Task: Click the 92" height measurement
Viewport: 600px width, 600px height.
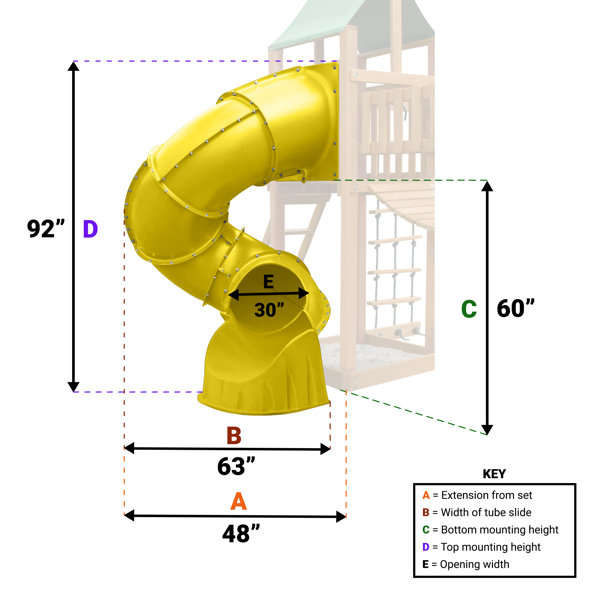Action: point(45,229)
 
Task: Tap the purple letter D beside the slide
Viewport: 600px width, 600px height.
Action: point(90,229)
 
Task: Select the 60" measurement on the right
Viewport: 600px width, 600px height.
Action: point(516,308)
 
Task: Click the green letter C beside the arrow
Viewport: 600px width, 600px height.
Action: point(468,309)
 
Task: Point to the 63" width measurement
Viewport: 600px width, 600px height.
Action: point(236,466)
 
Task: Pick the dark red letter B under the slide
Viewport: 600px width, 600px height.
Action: point(233,435)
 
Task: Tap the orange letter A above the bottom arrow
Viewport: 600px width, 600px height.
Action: point(238,501)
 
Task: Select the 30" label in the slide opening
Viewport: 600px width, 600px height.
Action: point(268,310)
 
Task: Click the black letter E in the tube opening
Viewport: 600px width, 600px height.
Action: point(268,283)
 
